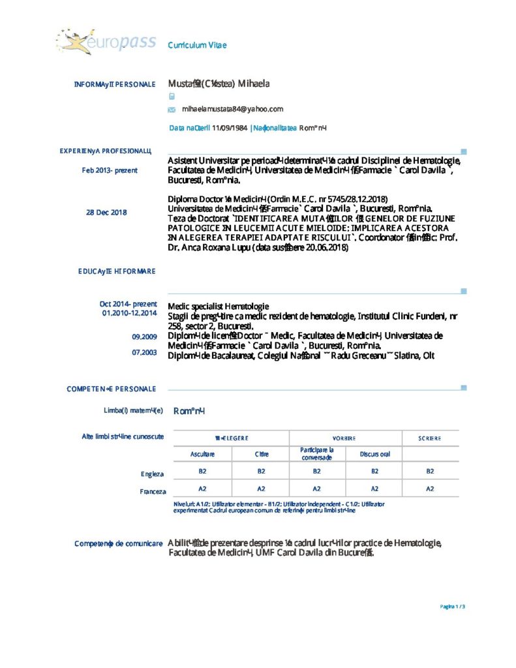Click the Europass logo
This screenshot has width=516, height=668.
click(106, 42)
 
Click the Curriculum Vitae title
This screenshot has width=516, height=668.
click(197, 45)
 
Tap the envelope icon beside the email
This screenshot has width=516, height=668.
click(172, 110)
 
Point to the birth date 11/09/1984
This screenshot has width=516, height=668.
click(229, 128)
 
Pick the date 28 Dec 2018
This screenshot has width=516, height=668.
click(106, 212)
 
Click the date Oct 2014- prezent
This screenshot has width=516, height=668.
click(128, 304)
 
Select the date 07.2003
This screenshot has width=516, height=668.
click(144, 352)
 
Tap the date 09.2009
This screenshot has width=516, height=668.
click(144, 337)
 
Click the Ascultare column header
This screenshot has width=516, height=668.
click(202, 454)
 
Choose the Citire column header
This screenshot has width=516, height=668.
click(261, 454)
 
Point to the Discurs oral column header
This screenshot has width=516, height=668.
click(374, 454)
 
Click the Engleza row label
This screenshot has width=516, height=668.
click(152, 474)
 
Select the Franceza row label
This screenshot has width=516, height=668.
click(153, 491)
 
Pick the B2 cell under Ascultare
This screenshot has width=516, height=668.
click(202, 470)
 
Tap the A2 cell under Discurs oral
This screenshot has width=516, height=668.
click(374, 488)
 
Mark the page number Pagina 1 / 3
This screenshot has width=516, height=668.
click(452, 607)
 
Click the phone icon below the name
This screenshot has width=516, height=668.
click(172, 96)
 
